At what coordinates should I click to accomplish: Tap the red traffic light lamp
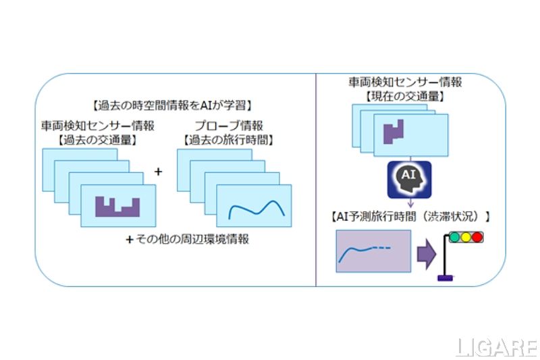478,237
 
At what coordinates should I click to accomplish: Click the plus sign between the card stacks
159,172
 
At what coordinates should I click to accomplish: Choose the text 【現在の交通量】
405,95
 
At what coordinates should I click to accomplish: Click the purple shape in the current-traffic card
394,132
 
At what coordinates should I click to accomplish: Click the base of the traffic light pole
446,278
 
